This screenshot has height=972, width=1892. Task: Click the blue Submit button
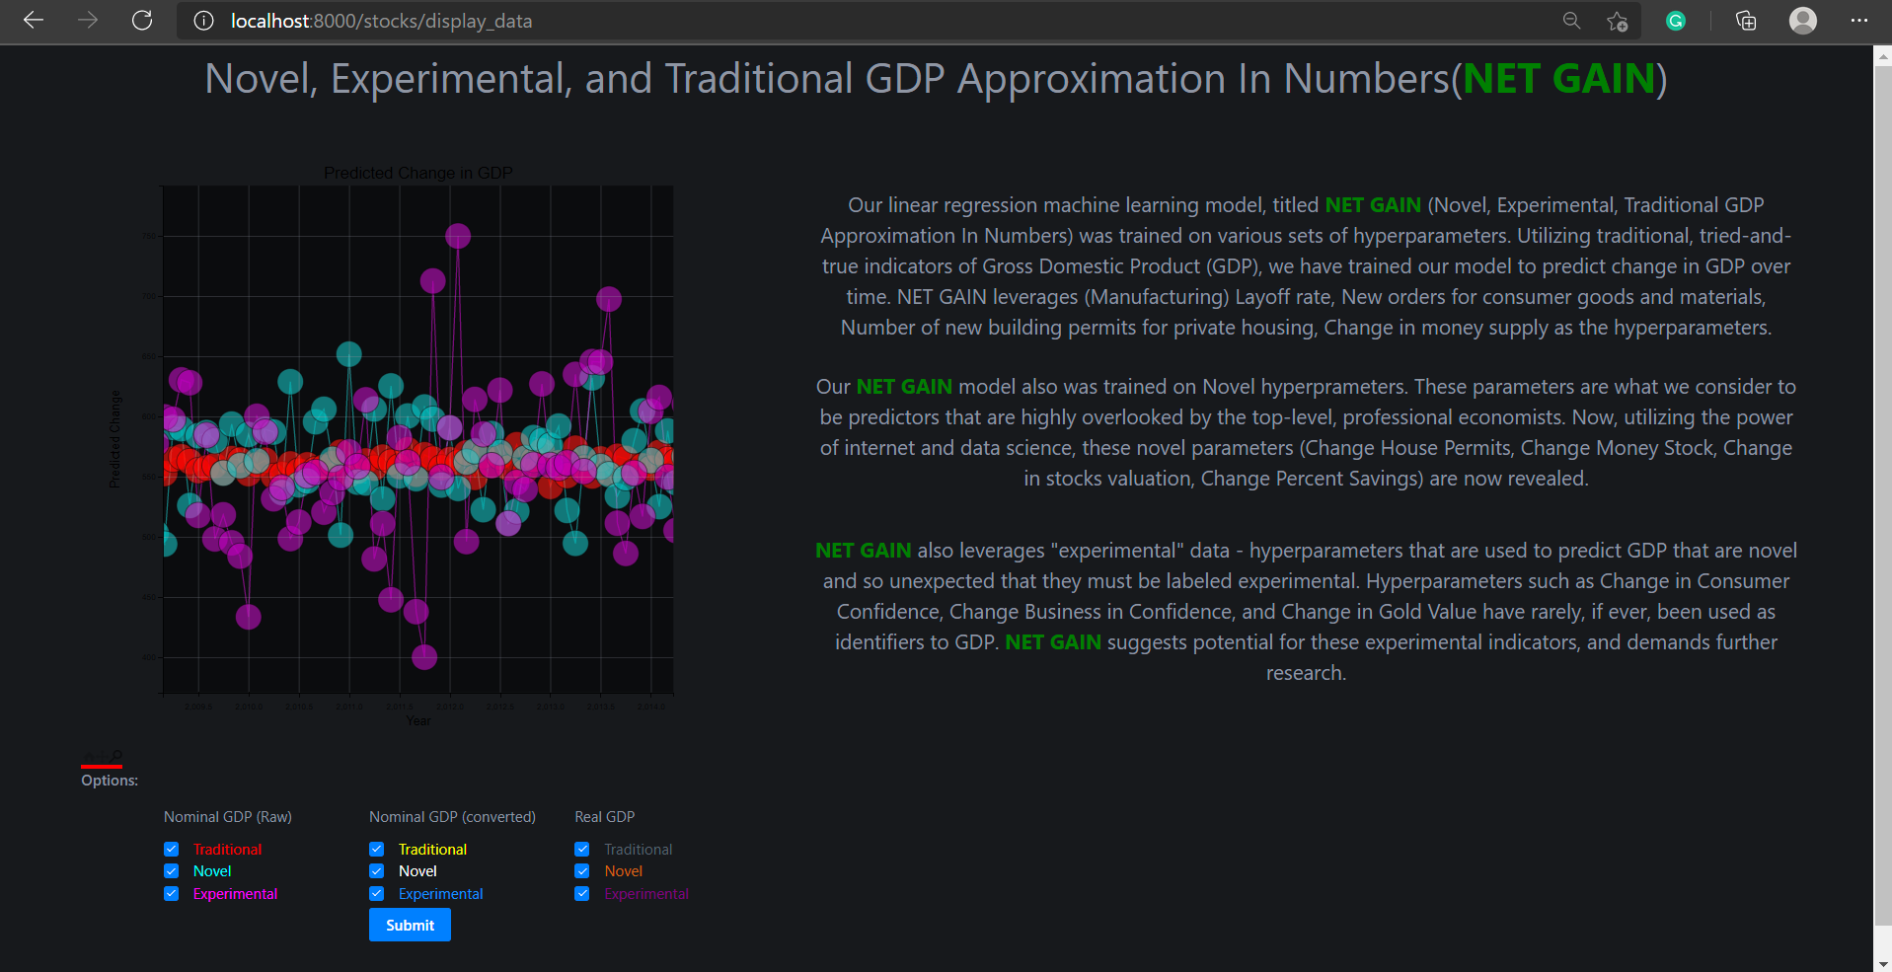click(410, 925)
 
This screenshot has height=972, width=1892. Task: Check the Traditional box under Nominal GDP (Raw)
click(172, 850)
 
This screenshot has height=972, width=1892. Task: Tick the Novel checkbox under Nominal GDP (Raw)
click(172, 871)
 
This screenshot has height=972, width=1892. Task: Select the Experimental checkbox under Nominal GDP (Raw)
click(172, 894)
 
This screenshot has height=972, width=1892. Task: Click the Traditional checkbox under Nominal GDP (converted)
click(377, 850)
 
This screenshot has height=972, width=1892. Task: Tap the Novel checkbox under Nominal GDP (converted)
click(377, 871)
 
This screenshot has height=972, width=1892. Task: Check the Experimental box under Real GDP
click(582, 894)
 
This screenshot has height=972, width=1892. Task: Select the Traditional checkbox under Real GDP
click(582, 850)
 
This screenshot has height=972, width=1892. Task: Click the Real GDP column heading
click(604, 817)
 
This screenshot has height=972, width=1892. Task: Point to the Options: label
click(110, 781)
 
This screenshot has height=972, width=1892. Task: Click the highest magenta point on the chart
click(458, 236)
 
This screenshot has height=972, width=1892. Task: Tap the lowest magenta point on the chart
click(424, 657)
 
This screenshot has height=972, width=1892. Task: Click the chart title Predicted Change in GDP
click(417, 173)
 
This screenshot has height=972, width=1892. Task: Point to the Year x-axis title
click(418, 721)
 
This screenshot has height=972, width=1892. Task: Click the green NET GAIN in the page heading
click(1558, 79)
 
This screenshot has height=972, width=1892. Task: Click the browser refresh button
click(142, 21)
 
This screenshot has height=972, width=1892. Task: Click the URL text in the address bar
click(381, 21)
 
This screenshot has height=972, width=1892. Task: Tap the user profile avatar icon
click(1802, 21)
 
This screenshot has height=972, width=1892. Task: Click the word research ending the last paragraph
click(1304, 673)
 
